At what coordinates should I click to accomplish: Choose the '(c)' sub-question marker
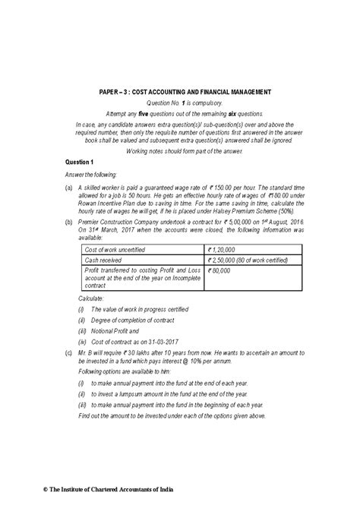pos(69,353)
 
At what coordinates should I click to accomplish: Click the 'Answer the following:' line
pos(92,175)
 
